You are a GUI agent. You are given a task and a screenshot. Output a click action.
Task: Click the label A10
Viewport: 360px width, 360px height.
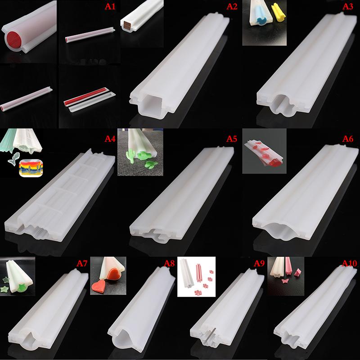349,263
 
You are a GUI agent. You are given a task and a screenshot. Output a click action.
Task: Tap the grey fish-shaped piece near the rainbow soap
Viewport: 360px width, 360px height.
15,159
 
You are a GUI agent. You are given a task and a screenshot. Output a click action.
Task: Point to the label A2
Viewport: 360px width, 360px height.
230,7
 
